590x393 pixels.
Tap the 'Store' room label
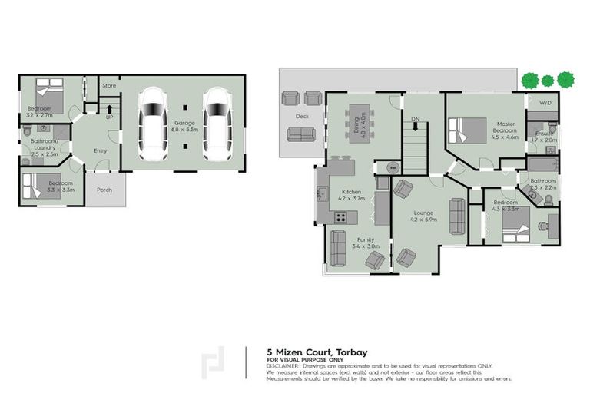coord(109,86)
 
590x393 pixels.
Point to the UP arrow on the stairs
coord(109,110)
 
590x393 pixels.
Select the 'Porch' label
coord(105,190)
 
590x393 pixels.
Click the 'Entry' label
coord(100,150)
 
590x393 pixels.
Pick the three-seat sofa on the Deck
coord(300,134)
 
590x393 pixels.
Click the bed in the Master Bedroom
coord(468,130)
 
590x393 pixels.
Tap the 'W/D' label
coord(545,102)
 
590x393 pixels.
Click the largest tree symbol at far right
coord(566,78)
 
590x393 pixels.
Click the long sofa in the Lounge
coord(457,216)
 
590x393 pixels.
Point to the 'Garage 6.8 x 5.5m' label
coord(185,127)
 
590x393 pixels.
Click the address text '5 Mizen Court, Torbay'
coord(317,352)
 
